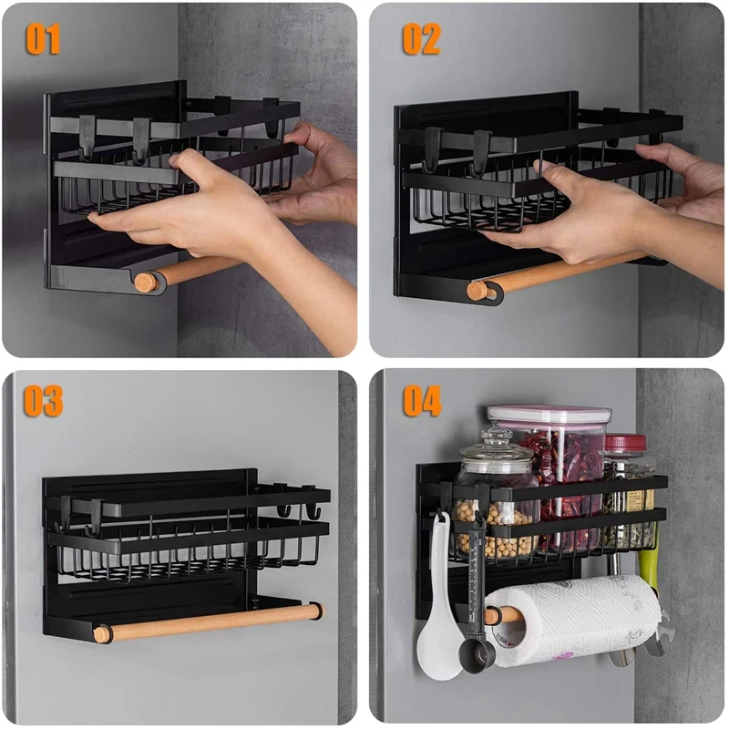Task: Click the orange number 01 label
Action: [43, 39]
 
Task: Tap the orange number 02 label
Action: [421, 39]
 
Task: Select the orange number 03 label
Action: [43, 401]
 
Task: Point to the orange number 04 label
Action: [422, 401]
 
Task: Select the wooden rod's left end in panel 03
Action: [103, 634]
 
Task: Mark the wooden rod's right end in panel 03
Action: [316, 611]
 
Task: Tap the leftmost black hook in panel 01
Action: [87, 139]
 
